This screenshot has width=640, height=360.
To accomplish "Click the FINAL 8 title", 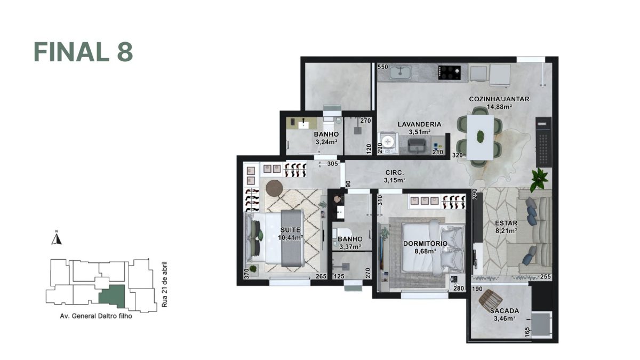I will [x=83, y=52].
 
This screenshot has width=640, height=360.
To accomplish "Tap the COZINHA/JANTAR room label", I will [x=490, y=99].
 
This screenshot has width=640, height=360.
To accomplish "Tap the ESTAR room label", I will [x=506, y=223].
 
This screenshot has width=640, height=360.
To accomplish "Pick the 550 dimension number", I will [x=382, y=67].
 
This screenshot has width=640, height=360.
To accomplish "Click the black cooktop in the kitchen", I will [x=449, y=73].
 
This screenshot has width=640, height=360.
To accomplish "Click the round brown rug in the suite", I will [x=274, y=187].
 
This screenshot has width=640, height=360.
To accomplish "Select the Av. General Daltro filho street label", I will [x=96, y=315].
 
